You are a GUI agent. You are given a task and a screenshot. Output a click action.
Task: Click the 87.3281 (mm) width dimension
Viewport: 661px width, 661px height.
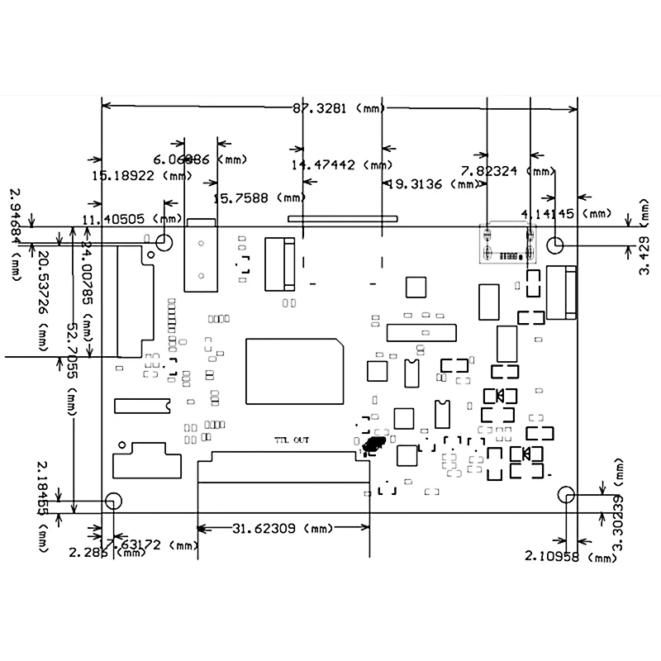(339, 107)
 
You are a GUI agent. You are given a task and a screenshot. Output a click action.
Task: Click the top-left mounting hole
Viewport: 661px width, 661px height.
(164, 242)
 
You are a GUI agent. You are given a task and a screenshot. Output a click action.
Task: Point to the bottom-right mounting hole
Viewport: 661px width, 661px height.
(566, 495)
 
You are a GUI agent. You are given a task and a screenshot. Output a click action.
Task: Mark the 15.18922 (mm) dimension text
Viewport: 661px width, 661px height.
(140, 175)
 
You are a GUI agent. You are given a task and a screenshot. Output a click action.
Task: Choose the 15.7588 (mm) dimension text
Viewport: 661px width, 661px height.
(259, 197)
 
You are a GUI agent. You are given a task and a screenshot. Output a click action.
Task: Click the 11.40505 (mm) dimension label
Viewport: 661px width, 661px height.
(131, 219)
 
